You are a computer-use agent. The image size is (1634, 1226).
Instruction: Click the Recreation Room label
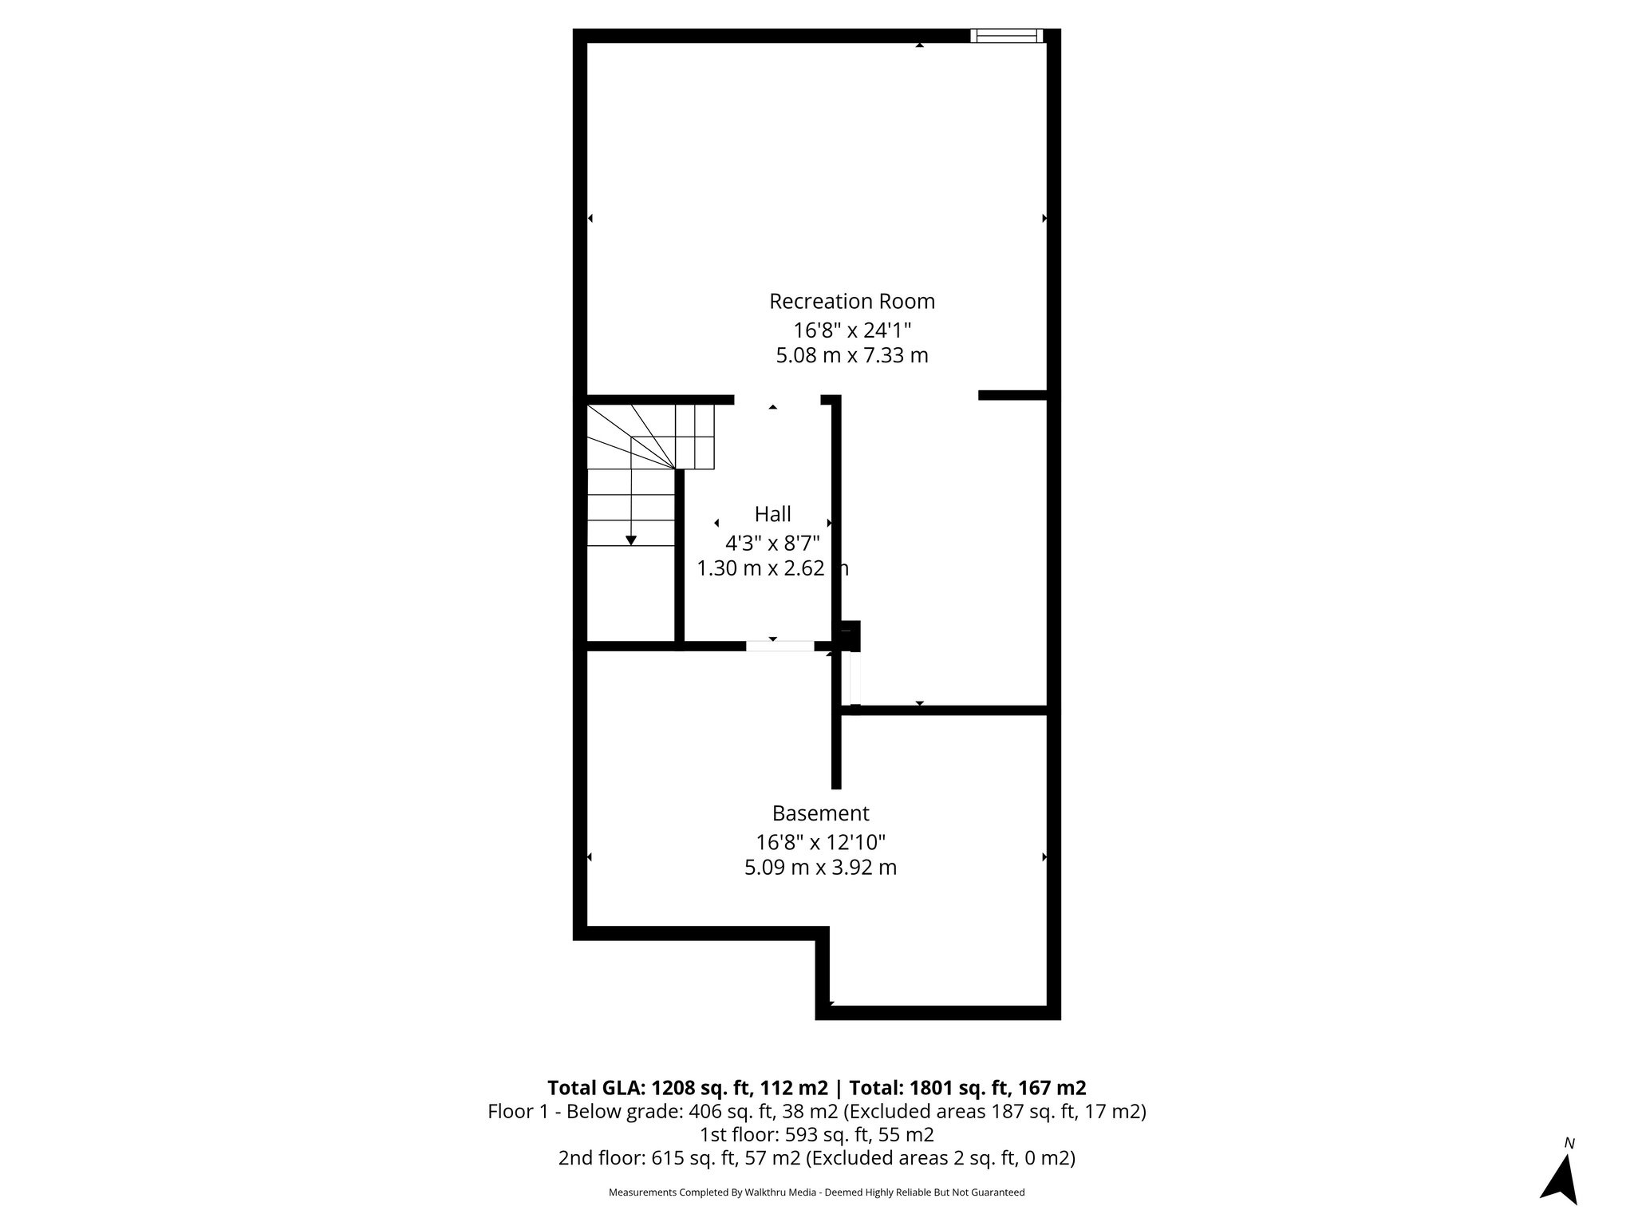click(851, 302)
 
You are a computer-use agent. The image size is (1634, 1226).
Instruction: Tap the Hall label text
click(772, 514)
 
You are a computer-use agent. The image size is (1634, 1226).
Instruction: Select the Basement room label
click(820, 813)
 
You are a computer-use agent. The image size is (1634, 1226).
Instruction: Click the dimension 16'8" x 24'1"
click(851, 330)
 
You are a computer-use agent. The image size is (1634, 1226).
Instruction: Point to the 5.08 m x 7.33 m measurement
click(851, 355)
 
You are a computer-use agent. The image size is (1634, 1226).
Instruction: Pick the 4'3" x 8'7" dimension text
click(772, 544)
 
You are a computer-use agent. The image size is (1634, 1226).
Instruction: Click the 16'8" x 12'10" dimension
click(820, 842)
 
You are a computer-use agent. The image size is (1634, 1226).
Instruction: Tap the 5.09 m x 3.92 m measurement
click(820, 867)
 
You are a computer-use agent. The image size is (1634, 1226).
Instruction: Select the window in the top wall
click(1006, 35)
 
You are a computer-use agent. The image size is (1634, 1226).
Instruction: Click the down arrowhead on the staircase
click(631, 540)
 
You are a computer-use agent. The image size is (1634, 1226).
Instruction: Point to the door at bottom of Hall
click(780, 646)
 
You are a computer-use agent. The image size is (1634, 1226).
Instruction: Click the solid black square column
click(849, 635)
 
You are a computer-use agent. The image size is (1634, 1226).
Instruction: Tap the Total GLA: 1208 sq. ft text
click(687, 1088)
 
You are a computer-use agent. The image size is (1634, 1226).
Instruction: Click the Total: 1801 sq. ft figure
click(967, 1088)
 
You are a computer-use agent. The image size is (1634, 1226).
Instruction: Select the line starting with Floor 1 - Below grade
click(816, 1111)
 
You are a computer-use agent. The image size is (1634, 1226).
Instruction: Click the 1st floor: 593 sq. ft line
click(816, 1134)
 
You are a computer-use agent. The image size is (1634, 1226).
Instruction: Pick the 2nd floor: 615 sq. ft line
click(816, 1158)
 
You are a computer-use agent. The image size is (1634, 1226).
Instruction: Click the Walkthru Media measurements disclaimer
click(816, 1192)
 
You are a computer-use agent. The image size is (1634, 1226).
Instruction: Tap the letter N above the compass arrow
click(1569, 1143)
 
